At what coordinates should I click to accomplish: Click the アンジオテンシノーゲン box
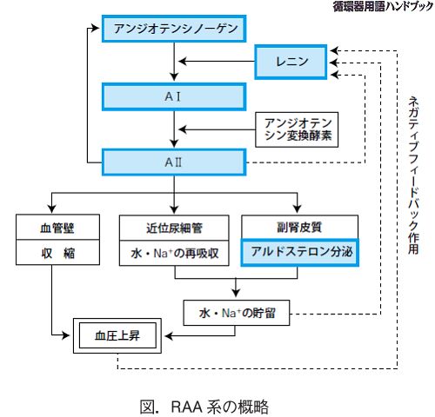click(174, 29)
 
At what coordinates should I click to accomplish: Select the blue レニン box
click(291, 62)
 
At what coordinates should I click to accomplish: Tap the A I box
click(174, 96)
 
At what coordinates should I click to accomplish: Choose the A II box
click(174, 162)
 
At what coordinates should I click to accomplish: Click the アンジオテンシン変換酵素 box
click(297, 129)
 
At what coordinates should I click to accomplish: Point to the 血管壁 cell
click(57, 227)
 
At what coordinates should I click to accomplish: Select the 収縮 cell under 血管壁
click(57, 252)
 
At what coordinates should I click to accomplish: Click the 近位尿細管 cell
click(174, 228)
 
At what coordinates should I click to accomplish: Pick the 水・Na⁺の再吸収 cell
click(174, 253)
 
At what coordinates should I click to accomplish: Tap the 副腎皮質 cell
click(299, 227)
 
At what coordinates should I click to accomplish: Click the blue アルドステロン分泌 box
click(300, 252)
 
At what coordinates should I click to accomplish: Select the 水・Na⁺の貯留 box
click(237, 313)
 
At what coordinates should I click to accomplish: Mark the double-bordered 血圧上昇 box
click(117, 335)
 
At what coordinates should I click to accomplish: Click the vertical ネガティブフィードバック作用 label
click(413, 175)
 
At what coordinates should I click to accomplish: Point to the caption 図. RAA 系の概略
click(204, 407)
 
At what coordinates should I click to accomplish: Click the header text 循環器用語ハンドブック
click(383, 6)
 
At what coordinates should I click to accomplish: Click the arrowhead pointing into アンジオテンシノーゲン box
click(96, 28)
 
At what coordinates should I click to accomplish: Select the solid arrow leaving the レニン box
click(217, 62)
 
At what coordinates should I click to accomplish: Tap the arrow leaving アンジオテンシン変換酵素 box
click(217, 129)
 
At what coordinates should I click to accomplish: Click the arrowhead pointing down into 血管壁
click(52, 209)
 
